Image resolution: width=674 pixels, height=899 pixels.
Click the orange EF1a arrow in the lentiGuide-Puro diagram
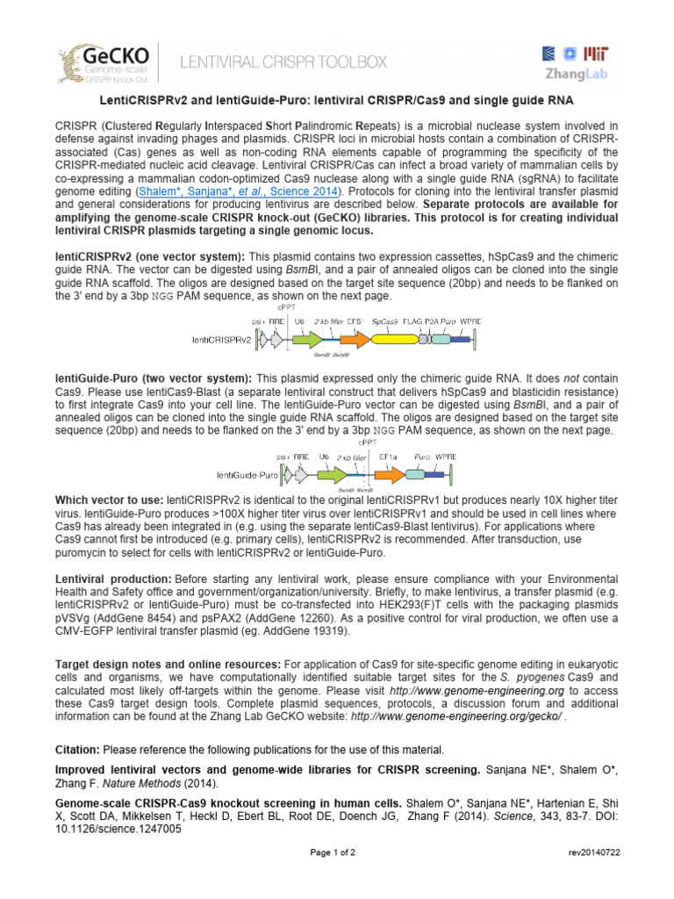click(386, 473)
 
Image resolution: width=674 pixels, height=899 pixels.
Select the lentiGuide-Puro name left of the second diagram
click(232, 474)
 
